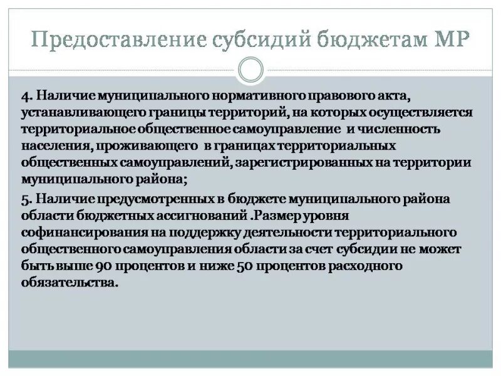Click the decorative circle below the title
pyautogui.click(x=250, y=69)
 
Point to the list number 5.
pyautogui.click(x=25, y=199)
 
